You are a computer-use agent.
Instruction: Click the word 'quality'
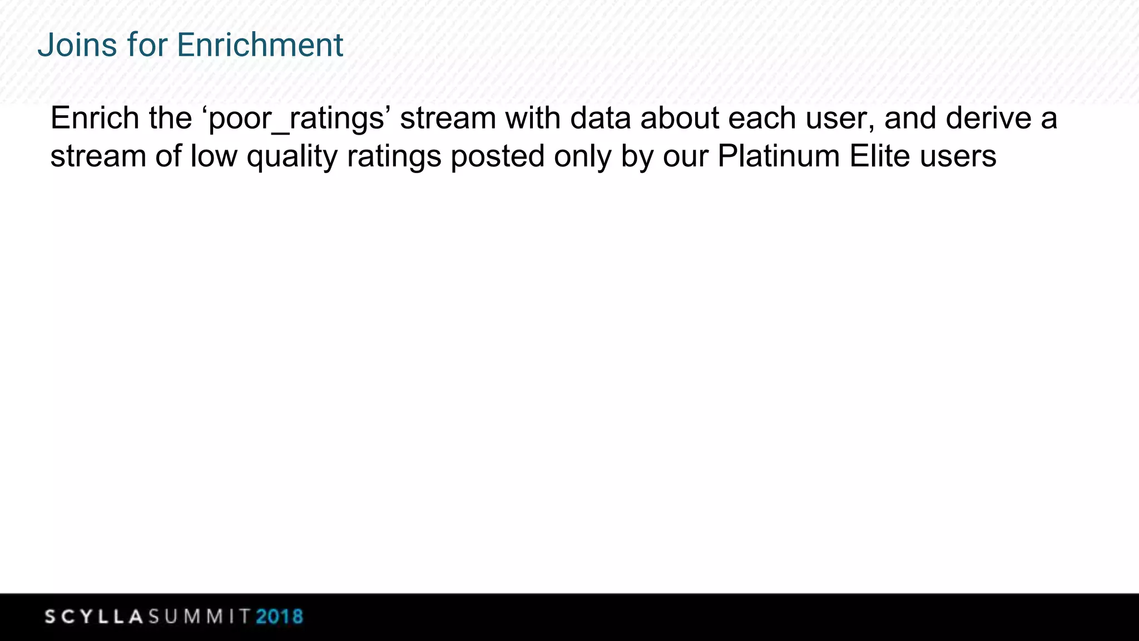click(292, 157)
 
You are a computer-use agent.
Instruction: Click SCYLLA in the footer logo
click(94, 617)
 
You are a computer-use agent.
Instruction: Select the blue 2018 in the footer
click(280, 617)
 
